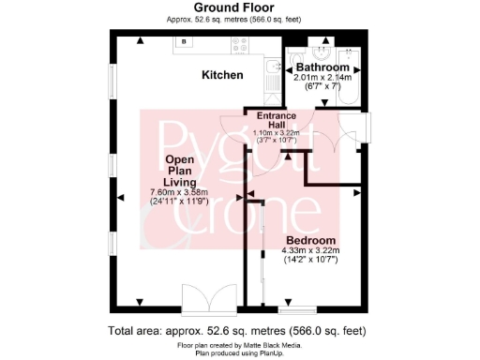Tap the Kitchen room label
coord(222,75)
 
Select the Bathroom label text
coord(322,68)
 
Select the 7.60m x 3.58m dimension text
coord(176,192)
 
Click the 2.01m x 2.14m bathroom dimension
coord(322,78)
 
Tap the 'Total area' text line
coord(236,331)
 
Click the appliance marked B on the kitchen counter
coord(184,43)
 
